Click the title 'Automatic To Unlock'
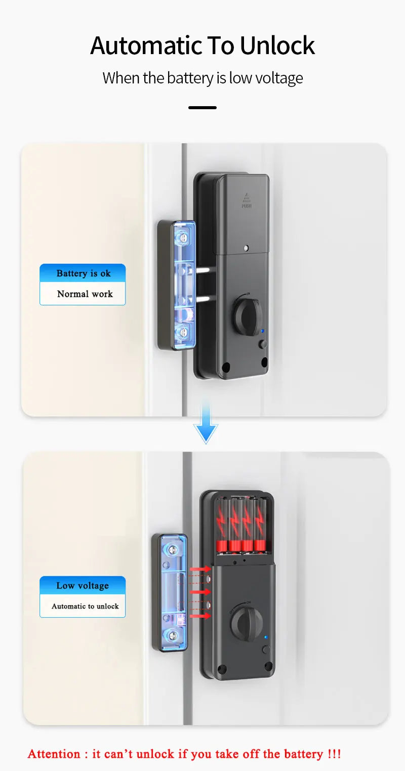point(202,46)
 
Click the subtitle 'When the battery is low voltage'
point(202,78)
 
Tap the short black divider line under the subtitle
point(202,108)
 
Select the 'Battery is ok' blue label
point(83,274)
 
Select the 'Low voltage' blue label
point(83,586)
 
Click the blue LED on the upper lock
point(262,332)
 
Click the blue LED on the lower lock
point(266,637)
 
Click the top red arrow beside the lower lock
point(200,569)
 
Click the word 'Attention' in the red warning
point(54,754)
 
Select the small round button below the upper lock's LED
point(262,344)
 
